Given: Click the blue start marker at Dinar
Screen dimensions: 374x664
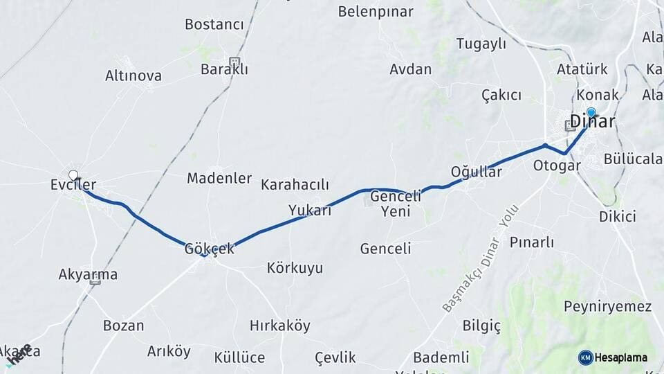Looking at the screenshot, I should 591,112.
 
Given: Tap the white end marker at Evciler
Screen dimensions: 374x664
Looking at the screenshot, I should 73,175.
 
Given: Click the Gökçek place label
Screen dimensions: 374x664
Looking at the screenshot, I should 209,249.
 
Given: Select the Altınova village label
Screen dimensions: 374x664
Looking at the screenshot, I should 133,75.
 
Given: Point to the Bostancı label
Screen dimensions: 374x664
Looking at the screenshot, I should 214,24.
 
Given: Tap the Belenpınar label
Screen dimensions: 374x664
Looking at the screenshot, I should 376,12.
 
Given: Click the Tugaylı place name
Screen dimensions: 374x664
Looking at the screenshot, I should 481,44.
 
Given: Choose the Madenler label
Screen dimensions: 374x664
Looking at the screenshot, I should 219,178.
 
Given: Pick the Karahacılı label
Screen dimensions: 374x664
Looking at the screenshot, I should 295,185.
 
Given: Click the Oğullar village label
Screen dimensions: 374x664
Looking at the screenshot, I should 476,172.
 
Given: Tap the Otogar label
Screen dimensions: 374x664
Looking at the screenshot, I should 556,166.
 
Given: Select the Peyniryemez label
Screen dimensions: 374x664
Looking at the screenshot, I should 607,306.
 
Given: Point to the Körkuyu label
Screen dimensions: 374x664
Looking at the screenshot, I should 295,268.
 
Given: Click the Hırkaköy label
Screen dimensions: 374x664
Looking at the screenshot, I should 280,326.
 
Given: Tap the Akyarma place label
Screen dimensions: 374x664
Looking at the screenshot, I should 88,275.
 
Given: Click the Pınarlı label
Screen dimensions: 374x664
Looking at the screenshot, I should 532,242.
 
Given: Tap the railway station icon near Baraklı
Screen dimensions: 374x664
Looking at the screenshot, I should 234,62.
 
